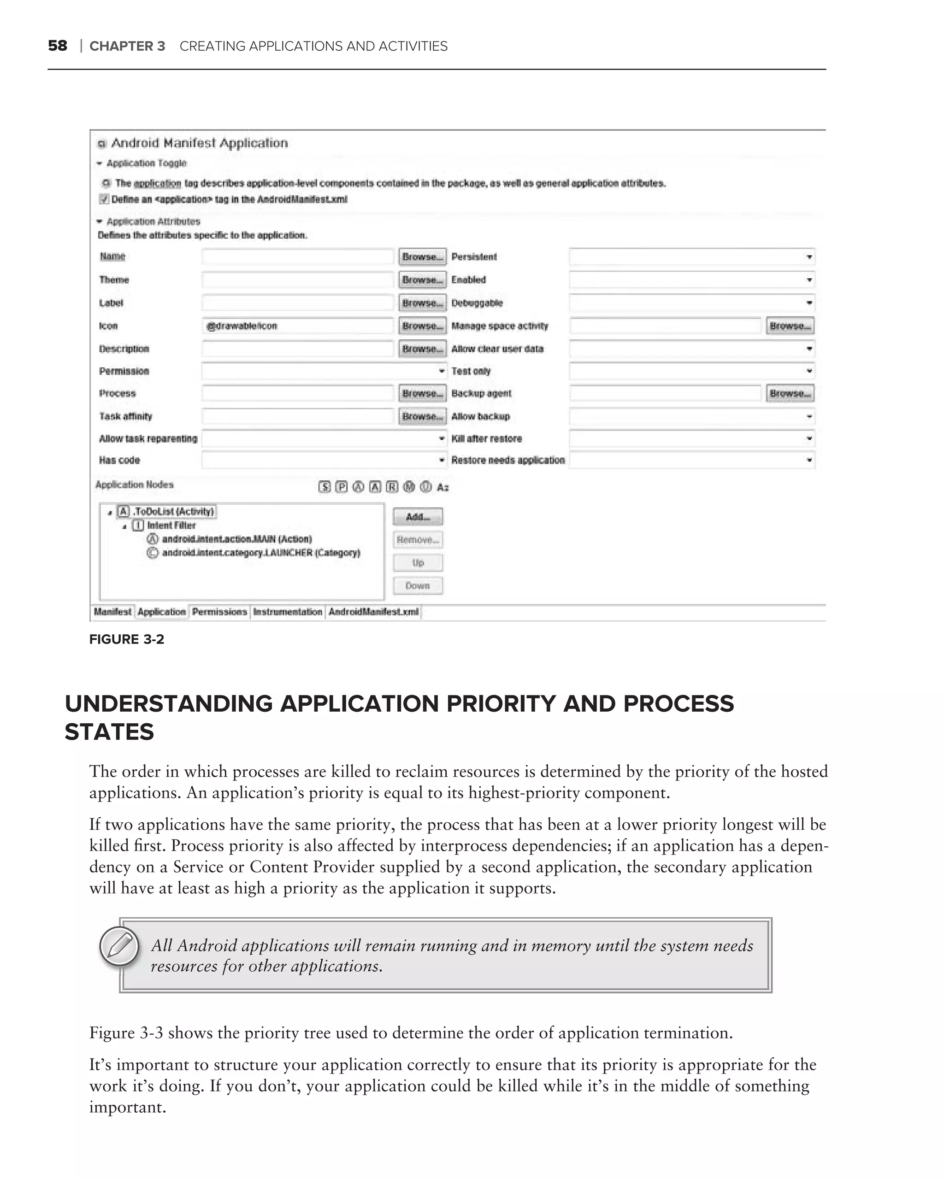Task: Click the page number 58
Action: [58, 46]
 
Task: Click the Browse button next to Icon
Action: [422, 326]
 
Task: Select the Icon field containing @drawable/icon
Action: [297, 326]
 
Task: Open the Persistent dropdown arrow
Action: [809, 257]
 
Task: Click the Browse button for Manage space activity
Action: [790, 326]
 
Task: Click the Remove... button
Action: [418, 540]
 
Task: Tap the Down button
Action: [418, 586]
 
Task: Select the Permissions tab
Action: [219, 612]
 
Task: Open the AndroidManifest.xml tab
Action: [373, 612]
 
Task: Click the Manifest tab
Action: [112, 612]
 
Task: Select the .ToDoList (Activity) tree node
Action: [173, 512]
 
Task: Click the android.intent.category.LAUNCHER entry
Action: [261, 553]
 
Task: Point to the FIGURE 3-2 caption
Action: [126, 639]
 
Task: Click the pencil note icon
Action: [119, 946]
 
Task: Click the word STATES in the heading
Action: [109, 732]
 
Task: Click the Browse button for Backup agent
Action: [790, 394]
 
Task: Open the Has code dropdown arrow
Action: [442, 461]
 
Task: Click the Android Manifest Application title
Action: [199, 143]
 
